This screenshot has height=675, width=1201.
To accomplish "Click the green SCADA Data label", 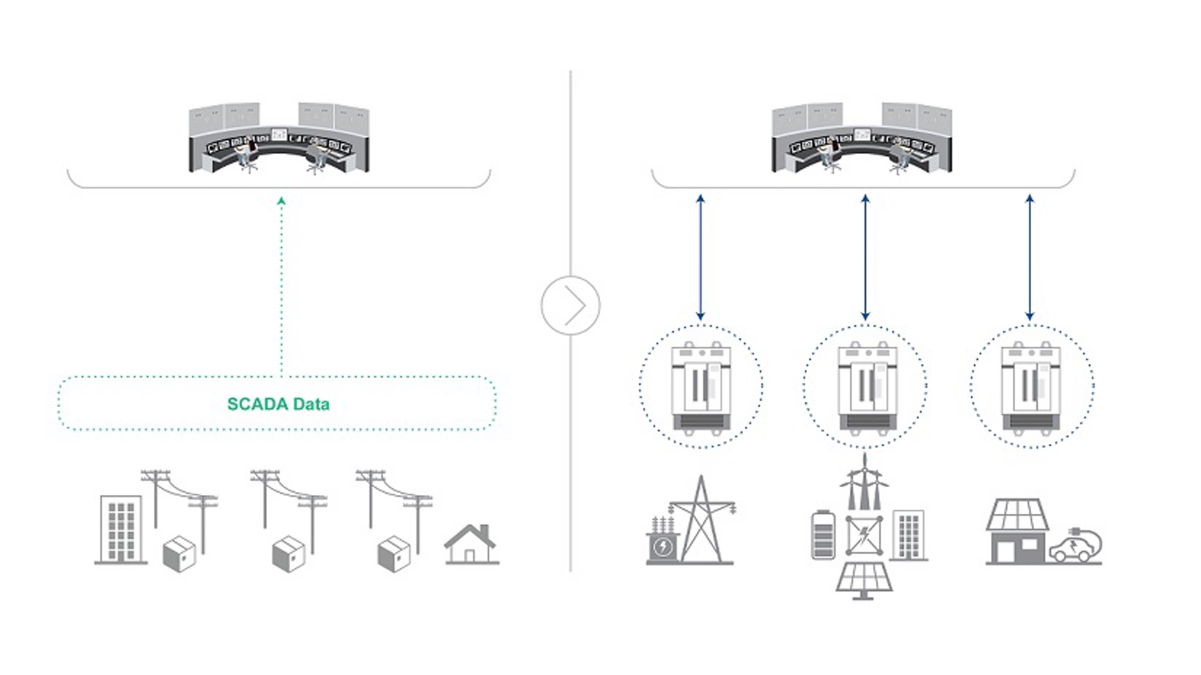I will coord(278,404).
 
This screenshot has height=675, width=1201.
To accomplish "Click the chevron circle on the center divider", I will coord(570,305).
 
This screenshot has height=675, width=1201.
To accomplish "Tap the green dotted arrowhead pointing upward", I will coord(281,201).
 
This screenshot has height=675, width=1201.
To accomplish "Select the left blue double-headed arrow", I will coord(701,257).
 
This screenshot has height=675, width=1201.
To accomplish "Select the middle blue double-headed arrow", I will coord(865,257).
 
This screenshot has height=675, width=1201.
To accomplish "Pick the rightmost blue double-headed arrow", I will coord(1030,257).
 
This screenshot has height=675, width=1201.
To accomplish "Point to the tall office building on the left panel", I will coord(121,530).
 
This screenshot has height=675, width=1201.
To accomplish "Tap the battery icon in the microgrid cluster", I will coord(823,535).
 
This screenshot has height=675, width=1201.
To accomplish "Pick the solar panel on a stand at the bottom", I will coord(863,580).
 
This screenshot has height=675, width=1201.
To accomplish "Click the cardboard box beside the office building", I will coord(179,554).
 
